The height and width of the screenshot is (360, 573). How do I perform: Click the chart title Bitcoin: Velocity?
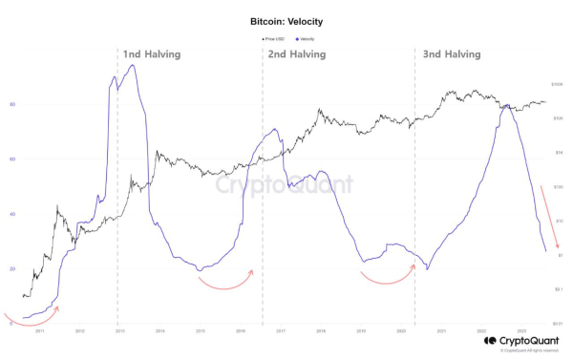click(286, 19)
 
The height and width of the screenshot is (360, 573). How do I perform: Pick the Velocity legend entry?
click(305, 39)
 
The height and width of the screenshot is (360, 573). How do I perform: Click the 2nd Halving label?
click(296, 55)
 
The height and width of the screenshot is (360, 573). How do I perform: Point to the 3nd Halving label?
click(449, 55)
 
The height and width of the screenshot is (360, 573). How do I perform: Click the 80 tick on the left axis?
click(12, 104)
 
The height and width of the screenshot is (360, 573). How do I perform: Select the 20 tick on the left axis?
click(12, 269)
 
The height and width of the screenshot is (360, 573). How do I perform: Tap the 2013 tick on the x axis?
click(119, 331)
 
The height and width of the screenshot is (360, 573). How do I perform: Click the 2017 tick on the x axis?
click(281, 331)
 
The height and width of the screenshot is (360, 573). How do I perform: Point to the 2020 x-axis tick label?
click(401, 331)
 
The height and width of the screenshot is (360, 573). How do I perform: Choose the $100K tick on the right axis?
click(559, 85)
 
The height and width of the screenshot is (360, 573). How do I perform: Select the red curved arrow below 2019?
click(388, 276)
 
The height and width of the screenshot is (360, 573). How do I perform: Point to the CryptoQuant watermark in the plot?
click(284, 184)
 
